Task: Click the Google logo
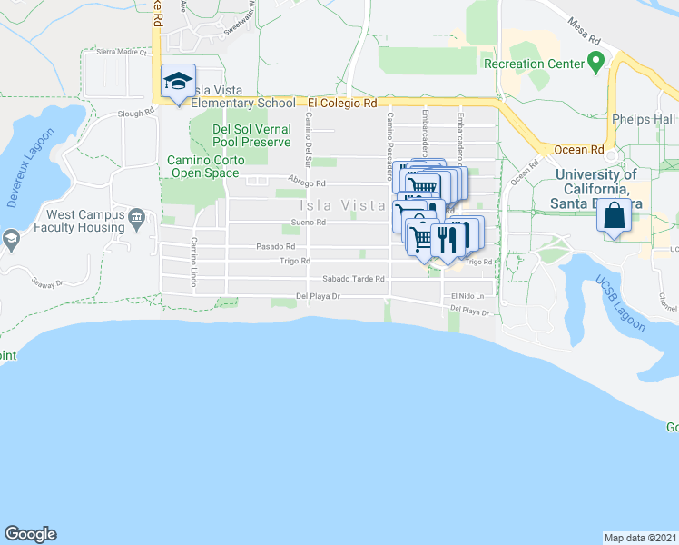tap(30, 534)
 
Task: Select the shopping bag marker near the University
tap(614, 218)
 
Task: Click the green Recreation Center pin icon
tap(595, 63)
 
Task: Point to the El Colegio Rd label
tap(341, 104)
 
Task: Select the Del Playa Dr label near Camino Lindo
tap(318, 296)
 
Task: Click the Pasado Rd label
tap(276, 246)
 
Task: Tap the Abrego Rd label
tap(307, 183)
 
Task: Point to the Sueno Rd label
tap(309, 223)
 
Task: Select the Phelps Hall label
tap(644, 119)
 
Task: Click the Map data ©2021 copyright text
tap(641, 538)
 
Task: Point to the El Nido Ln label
tap(462, 296)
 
